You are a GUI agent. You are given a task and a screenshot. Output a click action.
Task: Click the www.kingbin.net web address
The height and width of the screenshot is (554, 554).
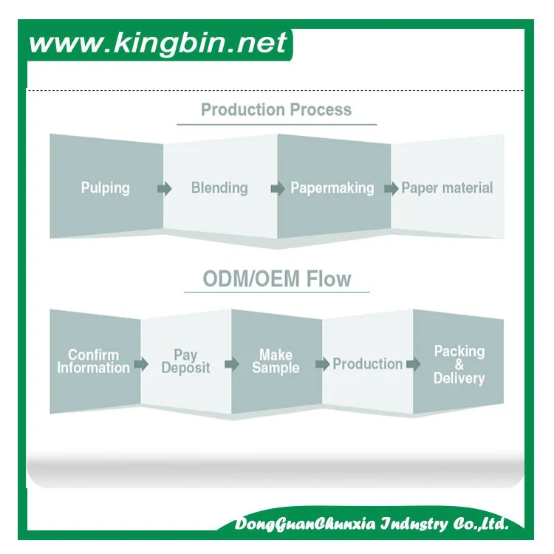[x=157, y=43]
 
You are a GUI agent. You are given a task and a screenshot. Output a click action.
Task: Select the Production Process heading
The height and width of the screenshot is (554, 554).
[x=276, y=110]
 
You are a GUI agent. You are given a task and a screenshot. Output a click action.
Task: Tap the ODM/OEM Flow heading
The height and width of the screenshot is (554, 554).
[x=277, y=279]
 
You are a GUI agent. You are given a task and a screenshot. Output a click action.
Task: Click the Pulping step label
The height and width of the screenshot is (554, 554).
[x=105, y=188]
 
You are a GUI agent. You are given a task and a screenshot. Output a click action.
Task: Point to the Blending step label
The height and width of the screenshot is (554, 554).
[x=219, y=188]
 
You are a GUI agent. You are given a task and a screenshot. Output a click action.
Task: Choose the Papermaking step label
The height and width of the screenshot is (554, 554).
[x=332, y=188]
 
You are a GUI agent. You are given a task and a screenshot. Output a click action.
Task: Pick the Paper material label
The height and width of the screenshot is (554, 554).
[x=447, y=188]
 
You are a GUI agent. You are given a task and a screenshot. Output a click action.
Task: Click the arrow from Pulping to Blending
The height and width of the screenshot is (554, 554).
[x=164, y=188]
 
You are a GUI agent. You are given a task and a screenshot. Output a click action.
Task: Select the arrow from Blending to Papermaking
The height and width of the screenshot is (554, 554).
[x=278, y=188]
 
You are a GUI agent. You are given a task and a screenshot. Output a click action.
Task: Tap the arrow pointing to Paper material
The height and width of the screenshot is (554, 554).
[x=391, y=188]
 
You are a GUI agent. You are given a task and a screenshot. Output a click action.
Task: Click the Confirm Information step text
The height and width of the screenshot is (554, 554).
[x=94, y=361]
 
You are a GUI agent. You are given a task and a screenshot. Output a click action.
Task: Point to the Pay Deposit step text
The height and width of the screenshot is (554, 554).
[x=185, y=361]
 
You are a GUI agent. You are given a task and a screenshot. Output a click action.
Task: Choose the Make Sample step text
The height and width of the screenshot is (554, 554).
[x=276, y=361]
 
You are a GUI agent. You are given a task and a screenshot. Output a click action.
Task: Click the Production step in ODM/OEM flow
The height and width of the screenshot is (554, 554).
[x=367, y=363]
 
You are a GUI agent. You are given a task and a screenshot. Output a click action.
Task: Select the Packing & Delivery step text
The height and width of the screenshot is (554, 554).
[x=459, y=364]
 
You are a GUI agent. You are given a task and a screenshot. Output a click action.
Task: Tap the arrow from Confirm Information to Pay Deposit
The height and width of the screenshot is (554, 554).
[x=142, y=364]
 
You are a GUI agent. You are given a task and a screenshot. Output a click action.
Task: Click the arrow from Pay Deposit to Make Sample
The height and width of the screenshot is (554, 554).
[x=232, y=364]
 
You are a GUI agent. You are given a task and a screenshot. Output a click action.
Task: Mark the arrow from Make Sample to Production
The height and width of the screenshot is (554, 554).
[x=322, y=364]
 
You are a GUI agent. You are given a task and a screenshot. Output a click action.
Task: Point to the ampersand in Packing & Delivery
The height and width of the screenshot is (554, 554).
[x=459, y=365]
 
